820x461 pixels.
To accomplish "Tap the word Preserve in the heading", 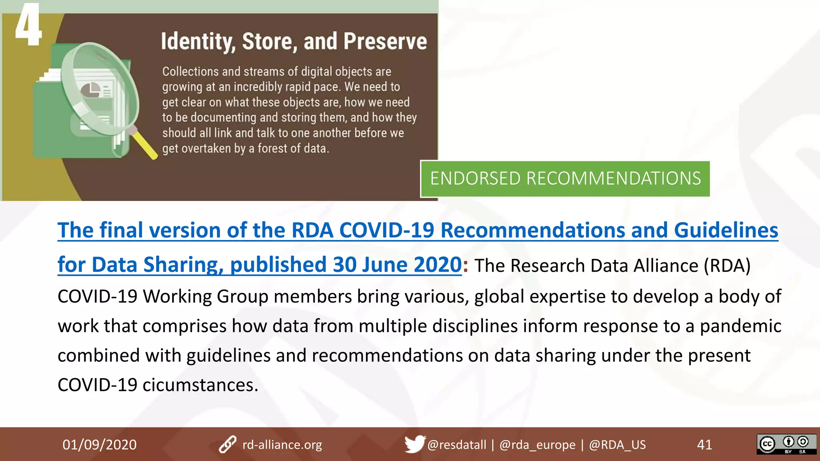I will (x=385, y=42).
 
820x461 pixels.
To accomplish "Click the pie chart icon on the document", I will (x=90, y=90).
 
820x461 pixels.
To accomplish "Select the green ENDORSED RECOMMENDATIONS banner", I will (x=565, y=178).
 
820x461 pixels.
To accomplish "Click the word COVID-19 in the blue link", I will (x=386, y=230).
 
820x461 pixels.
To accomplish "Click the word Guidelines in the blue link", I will (x=726, y=230).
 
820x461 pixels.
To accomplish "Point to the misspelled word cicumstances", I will (x=200, y=385).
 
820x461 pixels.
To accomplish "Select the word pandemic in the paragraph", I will (x=740, y=326).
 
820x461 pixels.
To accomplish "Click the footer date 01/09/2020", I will (x=99, y=445).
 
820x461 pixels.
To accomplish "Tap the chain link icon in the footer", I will (x=227, y=445).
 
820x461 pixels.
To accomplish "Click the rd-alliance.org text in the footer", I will (x=282, y=445).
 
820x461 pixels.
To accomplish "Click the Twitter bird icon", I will (x=414, y=444).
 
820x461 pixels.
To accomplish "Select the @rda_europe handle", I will (x=537, y=445).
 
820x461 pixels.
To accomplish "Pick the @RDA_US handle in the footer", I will (x=617, y=445).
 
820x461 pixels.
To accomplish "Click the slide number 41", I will (x=704, y=445).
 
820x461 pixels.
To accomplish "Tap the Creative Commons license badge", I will (x=786, y=444).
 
